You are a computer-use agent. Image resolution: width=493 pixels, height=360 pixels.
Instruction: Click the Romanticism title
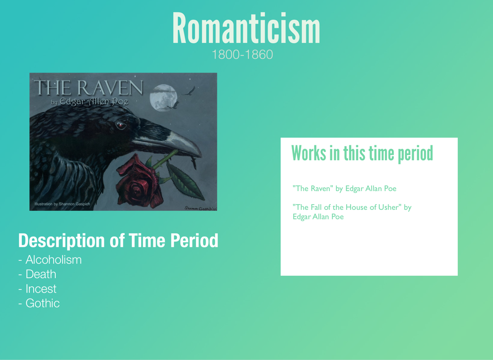pos(246,28)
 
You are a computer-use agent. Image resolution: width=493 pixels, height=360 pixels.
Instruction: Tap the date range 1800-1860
pos(243,55)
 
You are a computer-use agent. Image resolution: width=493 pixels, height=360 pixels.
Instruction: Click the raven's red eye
pos(120,126)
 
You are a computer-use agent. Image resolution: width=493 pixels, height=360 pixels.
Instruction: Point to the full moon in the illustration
pos(164,98)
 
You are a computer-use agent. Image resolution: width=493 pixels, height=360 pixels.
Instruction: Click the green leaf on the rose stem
pos(185,181)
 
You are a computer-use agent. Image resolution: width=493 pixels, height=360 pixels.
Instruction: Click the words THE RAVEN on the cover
pos(89,88)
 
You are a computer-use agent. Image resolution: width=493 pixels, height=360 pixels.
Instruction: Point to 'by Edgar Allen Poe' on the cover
pos(90,102)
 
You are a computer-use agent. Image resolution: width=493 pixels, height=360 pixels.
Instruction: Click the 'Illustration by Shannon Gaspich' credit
pos(62,204)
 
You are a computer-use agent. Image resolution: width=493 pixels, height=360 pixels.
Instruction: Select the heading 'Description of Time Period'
pos(118,241)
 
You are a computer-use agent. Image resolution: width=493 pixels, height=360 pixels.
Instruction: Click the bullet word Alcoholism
pos(53,260)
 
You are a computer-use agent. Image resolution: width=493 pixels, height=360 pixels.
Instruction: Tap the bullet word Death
pos(41,274)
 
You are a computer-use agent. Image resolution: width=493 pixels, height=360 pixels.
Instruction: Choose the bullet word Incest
pos(41,289)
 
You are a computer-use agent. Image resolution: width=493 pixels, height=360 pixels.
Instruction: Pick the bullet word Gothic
pos(42,303)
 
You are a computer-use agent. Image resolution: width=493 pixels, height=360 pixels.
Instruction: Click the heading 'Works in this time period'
pos(362,154)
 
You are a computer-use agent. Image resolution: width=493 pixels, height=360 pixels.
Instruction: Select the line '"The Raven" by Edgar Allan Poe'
pos(345,189)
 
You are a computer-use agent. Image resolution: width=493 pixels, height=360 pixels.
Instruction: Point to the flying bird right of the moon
pos(190,91)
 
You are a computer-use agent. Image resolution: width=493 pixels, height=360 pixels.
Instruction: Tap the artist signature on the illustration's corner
pos(201,208)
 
